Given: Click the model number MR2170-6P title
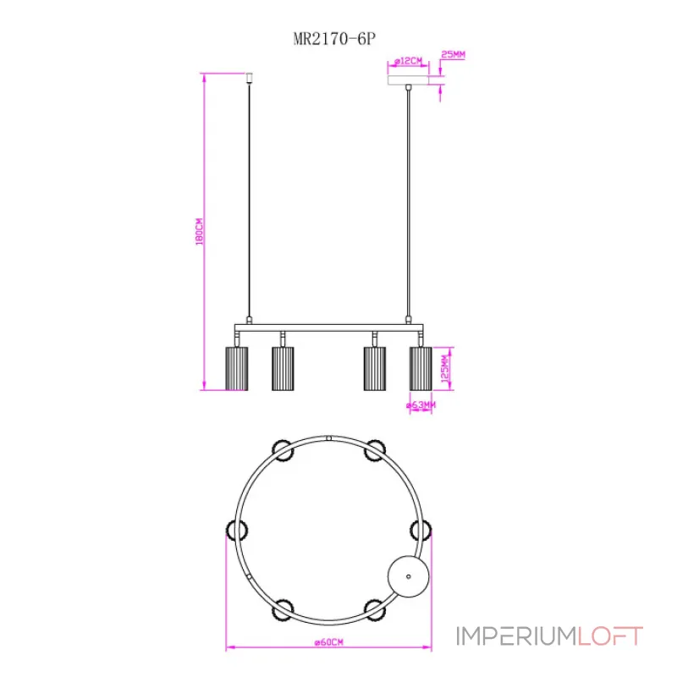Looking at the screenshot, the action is (334, 39).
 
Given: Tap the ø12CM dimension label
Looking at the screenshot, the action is (408, 61).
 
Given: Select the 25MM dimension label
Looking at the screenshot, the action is (453, 55).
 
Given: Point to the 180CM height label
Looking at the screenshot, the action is (199, 232).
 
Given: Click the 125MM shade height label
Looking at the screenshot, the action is (445, 369).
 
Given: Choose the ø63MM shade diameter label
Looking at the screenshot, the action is (421, 405).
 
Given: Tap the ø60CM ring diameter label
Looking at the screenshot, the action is (329, 642).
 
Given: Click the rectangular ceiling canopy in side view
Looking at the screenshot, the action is (408, 80).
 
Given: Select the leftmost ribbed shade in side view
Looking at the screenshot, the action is (237, 369).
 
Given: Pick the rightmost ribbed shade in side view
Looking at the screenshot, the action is (421, 369).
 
